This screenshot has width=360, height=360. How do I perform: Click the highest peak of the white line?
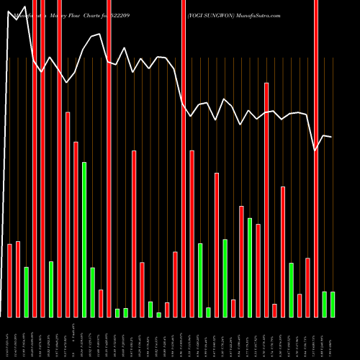9,11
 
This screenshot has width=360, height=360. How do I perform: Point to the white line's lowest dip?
315,150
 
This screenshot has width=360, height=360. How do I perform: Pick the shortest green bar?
159,315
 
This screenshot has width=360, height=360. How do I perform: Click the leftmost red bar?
9,281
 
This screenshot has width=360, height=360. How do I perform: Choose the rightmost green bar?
333,304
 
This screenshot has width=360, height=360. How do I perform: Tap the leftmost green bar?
27,292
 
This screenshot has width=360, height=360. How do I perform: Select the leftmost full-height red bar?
35,158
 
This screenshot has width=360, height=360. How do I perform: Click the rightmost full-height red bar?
316,158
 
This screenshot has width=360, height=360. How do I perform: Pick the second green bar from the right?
325,304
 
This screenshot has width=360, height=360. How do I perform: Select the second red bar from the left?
18,279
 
